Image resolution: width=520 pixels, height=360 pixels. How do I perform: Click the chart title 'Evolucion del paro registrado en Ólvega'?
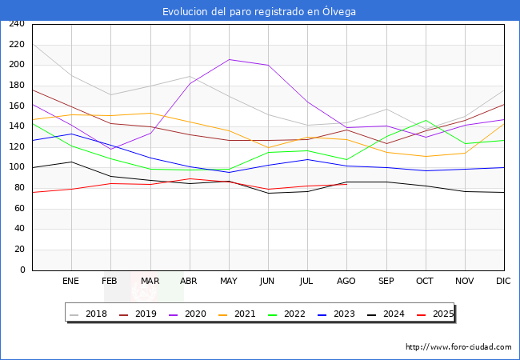tap(259, 12)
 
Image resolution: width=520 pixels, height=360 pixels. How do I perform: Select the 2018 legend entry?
tap(88, 314)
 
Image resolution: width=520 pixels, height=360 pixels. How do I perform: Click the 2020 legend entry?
tap(187, 314)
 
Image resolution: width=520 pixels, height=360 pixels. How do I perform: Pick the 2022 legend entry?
tap(286, 314)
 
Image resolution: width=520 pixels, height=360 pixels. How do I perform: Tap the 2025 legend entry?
tap(435, 314)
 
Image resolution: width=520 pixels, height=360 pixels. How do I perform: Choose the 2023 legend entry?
tap(336, 314)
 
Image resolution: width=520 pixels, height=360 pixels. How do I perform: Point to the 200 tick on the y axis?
tap(17, 64)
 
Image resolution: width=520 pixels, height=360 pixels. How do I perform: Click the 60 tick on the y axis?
tap(19, 208)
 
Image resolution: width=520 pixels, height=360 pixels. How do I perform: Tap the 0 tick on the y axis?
tap(22, 270)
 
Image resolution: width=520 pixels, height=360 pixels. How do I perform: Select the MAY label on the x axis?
tap(229, 281)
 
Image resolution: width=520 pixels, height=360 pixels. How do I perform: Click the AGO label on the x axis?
tap(346, 281)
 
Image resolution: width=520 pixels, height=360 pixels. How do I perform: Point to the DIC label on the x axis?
tap(503, 281)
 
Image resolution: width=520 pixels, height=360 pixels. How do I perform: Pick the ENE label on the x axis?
tap(70, 281)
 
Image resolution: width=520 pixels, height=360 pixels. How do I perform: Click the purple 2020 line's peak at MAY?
tap(229, 60)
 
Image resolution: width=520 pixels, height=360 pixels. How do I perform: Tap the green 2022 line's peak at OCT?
tap(426, 120)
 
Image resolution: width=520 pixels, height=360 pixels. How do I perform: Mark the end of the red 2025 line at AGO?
tap(347, 184)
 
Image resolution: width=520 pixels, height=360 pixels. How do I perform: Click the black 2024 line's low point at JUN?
tap(268, 194)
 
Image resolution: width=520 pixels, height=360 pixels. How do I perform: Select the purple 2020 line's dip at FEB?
tap(110, 149)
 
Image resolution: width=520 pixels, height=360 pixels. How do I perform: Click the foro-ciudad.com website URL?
tap(458, 347)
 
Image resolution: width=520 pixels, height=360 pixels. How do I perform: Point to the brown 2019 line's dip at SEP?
tap(386, 143)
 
